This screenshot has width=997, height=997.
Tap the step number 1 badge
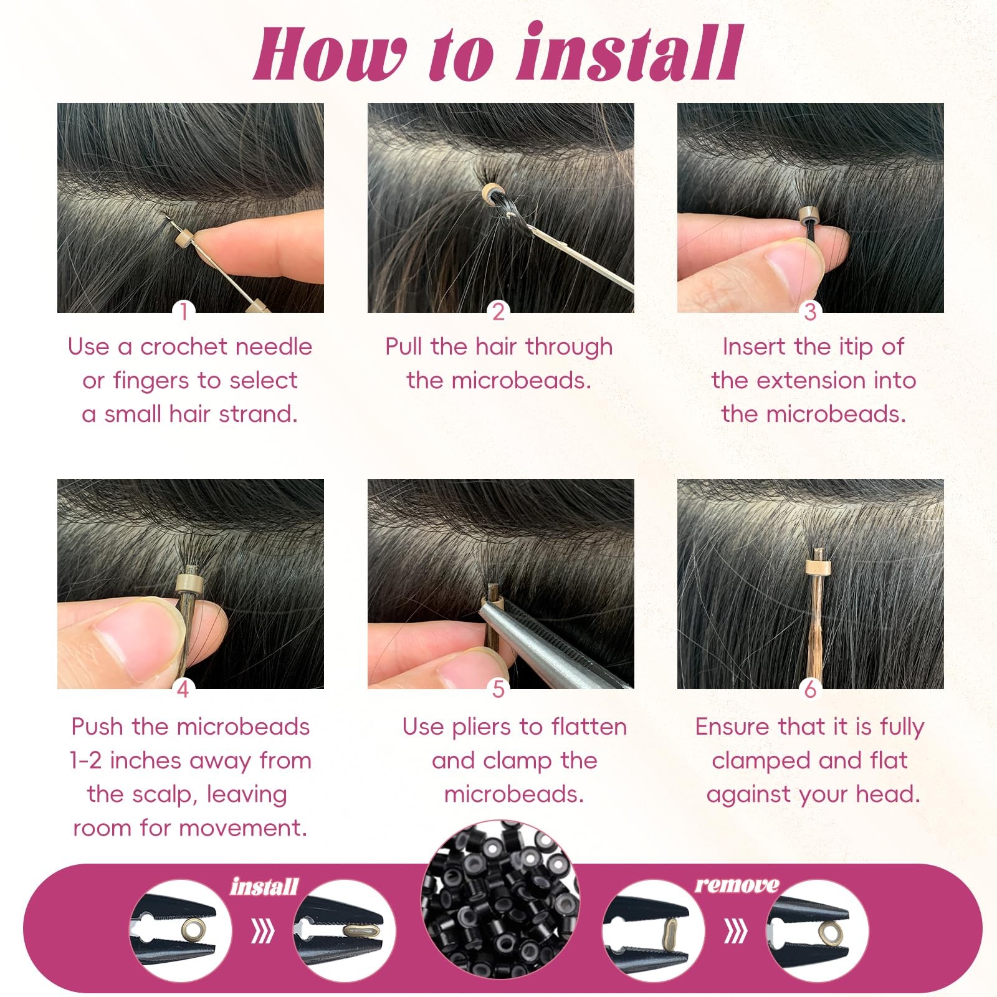(184, 311)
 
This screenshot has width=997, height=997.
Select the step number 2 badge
(499, 311)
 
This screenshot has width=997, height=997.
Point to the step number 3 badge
(810, 311)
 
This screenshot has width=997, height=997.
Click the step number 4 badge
(183, 689)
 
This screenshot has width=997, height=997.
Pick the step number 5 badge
(499, 689)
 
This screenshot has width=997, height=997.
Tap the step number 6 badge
(810, 689)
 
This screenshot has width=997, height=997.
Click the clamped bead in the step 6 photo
(819, 567)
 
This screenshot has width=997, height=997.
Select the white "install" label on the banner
(264, 886)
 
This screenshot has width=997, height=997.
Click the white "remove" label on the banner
(737, 884)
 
